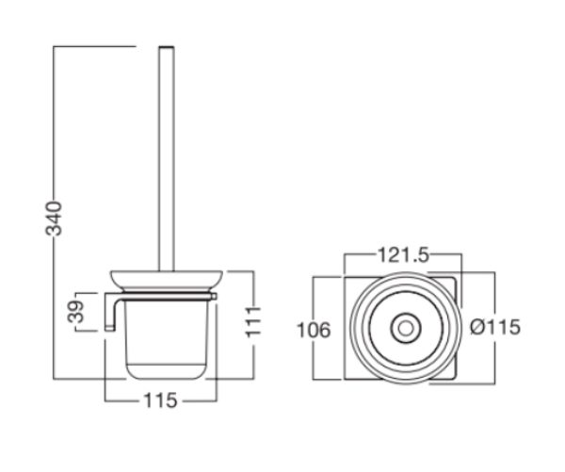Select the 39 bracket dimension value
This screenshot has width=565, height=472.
pyautogui.click(x=78, y=313)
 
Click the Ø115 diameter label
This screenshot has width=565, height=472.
pyautogui.click(x=495, y=328)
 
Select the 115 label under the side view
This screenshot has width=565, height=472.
pyautogui.click(x=163, y=399)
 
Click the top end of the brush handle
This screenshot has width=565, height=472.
pyautogui.click(x=167, y=47)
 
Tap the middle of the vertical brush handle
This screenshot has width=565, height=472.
pyautogui.click(x=167, y=160)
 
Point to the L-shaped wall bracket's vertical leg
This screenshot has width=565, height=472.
pyautogui.click(x=111, y=313)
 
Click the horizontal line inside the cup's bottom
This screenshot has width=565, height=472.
pyautogui.click(x=163, y=359)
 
